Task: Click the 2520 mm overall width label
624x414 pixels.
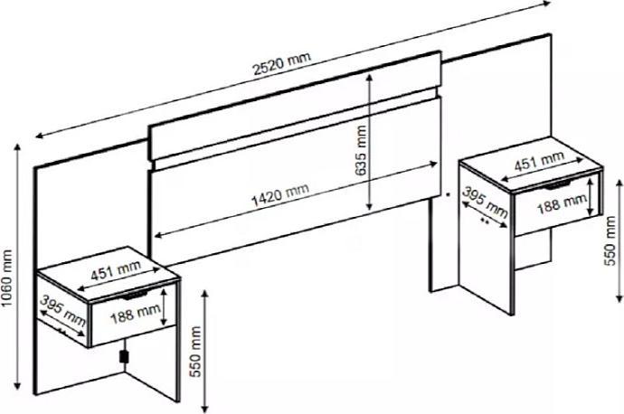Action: tap(282, 63)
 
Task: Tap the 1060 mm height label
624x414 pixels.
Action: tap(7, 278)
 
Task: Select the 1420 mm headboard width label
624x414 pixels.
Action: tap(280, 195)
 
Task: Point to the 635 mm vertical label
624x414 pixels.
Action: tap(361, 151)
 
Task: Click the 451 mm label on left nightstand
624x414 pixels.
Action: tap(116, 270)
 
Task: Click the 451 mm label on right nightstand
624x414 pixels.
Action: tap(540, 161)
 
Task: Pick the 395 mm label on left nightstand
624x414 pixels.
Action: tap(63, 310)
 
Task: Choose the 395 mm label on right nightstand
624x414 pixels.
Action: tap(485, 202)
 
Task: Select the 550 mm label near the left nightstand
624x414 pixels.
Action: tap(195, 352)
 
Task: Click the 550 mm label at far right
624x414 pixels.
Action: tap(610, 240)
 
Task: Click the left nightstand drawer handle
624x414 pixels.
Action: tap(135, 296)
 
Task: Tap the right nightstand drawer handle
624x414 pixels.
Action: tap(558, 186)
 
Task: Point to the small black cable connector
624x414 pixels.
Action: tap(124, 357)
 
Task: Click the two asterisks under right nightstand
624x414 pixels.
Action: tap(485, 221)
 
